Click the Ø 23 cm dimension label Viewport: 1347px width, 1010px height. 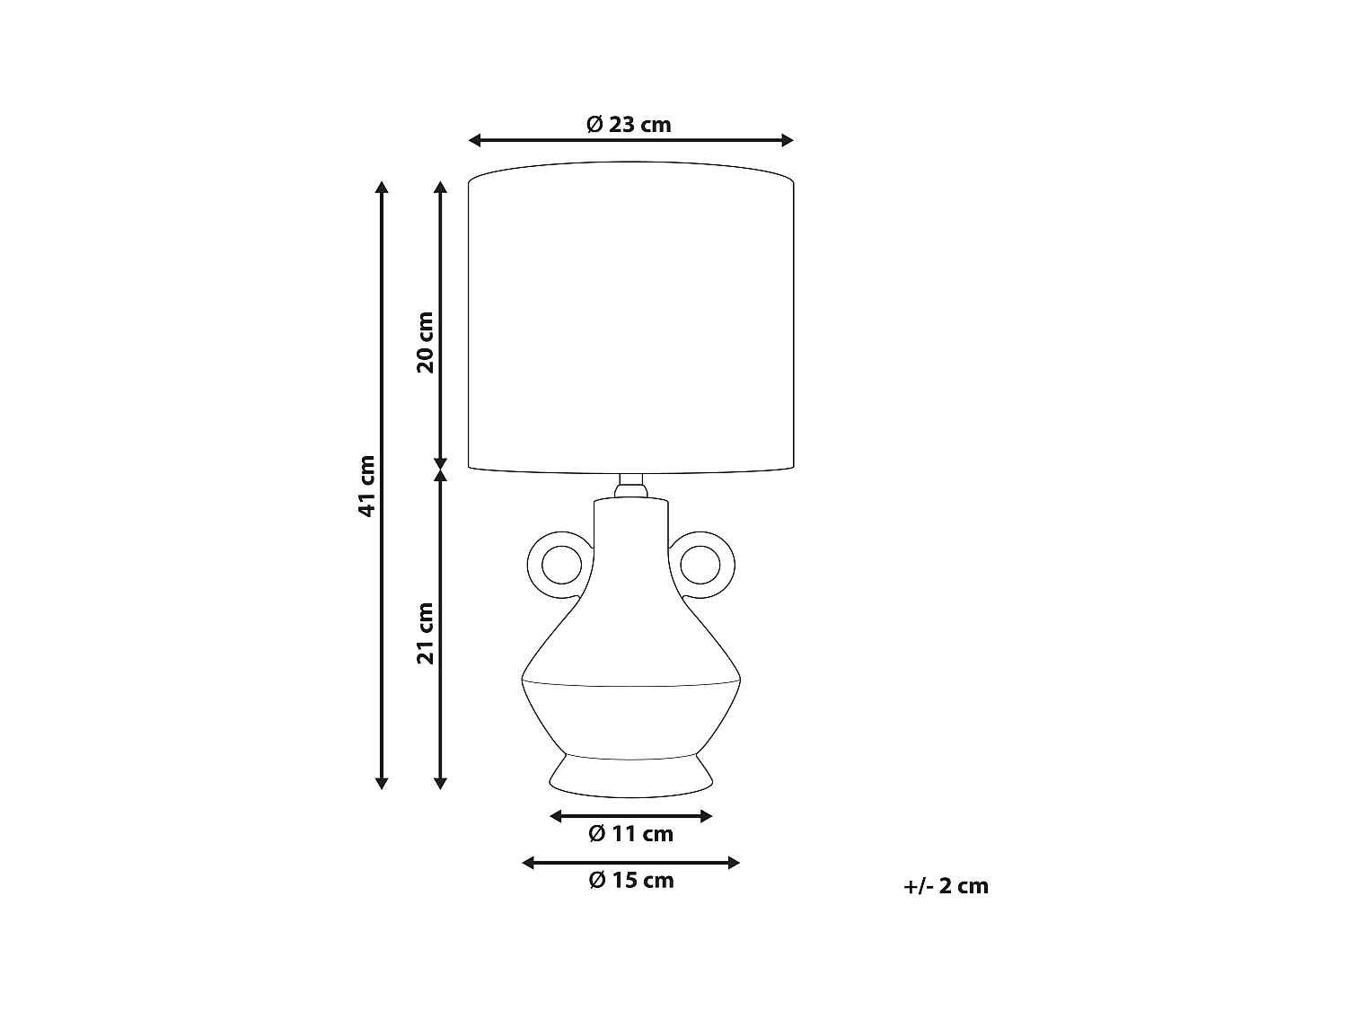(x=629, y=124)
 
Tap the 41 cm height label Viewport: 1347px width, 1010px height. (x=366, y=486)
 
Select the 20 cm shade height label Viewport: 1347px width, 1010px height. (x=425, y=342)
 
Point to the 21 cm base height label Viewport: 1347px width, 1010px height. (x=425, y=633)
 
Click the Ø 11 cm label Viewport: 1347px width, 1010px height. (x=630, y=834)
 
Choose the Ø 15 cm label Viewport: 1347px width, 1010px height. (x=630, y=881)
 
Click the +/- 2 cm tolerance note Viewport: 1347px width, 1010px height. (x=946, y=886)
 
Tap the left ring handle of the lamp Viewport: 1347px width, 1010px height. (x=559, y=566)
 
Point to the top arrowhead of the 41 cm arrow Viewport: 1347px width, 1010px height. (x=382, y=188)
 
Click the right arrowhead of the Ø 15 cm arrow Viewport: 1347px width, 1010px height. (x=734, y=863)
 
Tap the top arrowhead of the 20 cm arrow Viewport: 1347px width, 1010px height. (x=440, y=188)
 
